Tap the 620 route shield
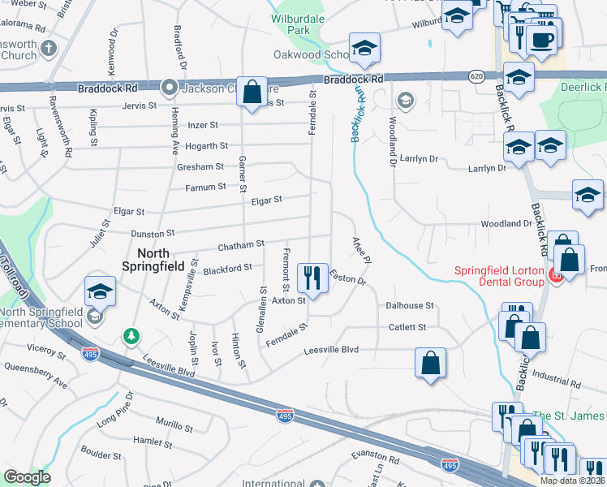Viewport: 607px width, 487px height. point(476,75)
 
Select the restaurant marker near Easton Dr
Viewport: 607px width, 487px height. point(312,278)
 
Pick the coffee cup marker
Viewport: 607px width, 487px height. point(540,39)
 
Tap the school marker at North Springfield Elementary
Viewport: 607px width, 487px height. point(101,292)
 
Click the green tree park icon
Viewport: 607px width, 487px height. point(130,335)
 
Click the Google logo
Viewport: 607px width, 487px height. point(27,477)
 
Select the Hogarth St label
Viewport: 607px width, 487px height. point(206,146)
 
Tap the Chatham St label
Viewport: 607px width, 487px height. point(241,244)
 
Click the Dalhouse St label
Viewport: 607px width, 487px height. point(410,306)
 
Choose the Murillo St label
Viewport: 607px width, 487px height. point(174,427)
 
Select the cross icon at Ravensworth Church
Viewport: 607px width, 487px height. point(49,48)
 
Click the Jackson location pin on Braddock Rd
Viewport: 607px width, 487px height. point(170,86)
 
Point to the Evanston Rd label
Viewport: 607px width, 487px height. point(377,459)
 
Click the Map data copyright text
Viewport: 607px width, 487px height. point(572,480)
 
